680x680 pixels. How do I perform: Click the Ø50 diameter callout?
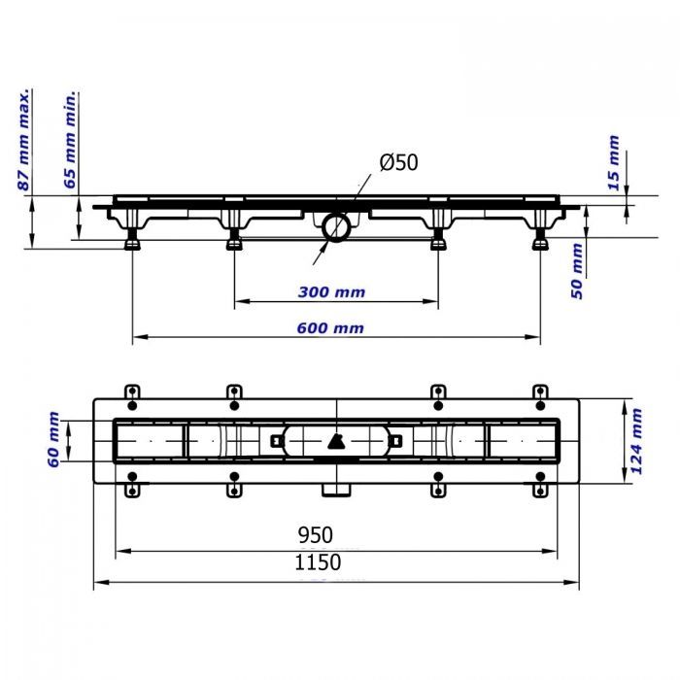coord(398,162)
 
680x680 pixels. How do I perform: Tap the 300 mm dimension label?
coord(331,292)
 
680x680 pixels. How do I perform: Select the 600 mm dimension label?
coord(330,328)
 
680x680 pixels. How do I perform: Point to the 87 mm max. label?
coord(24,140)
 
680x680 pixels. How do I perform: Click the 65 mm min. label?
coord(70,140)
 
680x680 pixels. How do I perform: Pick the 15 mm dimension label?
coord(613,162)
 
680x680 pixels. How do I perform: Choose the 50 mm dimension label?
coord(576,271)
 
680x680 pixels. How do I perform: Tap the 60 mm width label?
coord(52,440)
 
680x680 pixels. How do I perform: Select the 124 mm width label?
coord(635,441)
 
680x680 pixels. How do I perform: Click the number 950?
coord(316,535)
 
